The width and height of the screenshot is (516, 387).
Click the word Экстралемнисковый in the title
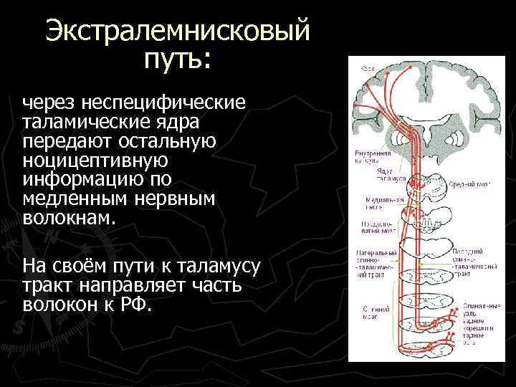[x=177, y=32]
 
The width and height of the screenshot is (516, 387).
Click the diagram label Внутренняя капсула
[x=370, y=158]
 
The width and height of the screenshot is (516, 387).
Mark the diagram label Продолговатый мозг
[x=374, y=226]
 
